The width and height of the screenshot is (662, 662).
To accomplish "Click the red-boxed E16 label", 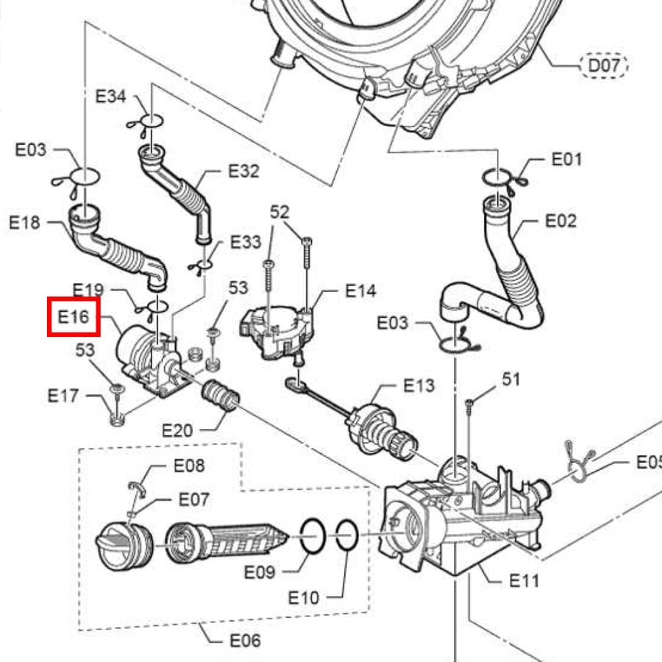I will pyautogui.click(x=73, y=318).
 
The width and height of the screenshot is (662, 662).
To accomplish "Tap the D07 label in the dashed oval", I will pyautogui.click(x=604, y=67).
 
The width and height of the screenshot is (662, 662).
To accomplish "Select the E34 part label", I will pyautogui.click(x=112, y=96).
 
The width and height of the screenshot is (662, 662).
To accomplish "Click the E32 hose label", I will pyautogui.click(x=243, y=171).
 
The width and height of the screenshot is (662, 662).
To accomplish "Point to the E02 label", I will pyautogui.click(x=560, y=221).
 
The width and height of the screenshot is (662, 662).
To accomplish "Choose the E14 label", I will pyautogui.click(x=360, y=291).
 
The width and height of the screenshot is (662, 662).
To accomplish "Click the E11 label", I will pyautogui.click(x=524, y=581).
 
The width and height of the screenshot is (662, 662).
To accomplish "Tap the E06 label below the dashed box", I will pyautogui.click(x=245, y=641).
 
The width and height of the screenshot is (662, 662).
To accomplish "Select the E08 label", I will pyautogui.click(x=189, y=466).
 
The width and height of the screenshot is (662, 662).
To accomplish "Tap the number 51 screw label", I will pyautogui.click(x=510, y=380).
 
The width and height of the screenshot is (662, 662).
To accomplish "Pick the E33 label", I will pyautogui.click(x=246, y=242).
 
